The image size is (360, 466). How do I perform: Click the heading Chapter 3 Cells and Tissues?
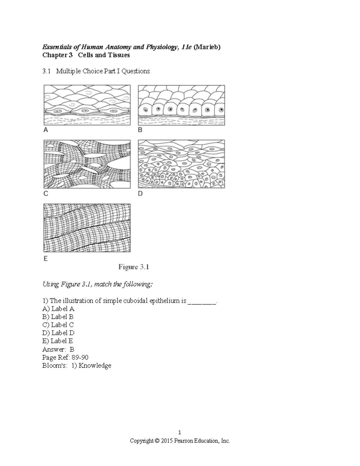pyautogui.click(x=86, y=55)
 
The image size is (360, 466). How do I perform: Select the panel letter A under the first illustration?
pyautogui.click(x=46, y=130)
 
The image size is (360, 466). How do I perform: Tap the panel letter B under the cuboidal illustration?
pyautogui.click(x=140, y=130)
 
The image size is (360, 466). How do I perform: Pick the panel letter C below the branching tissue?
pyautogui.click(x=46, y=194)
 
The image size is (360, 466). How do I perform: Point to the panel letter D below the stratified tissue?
pyautogui.click(x=140, y=194)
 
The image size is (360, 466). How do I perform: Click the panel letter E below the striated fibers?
pyautogui.click(x=46, y=258)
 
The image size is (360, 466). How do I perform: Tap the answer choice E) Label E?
pyautogui.click(x=58, y=341)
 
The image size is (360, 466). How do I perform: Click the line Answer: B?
pyautogui.click(x=58, y=349)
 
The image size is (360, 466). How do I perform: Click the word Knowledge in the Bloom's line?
pyautogui.click(x=95, y=365)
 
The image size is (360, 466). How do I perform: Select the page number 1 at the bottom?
pyautogui.click(x=180, y=432)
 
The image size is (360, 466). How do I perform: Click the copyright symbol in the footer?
pyautogui.click(x=157, y=441)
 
